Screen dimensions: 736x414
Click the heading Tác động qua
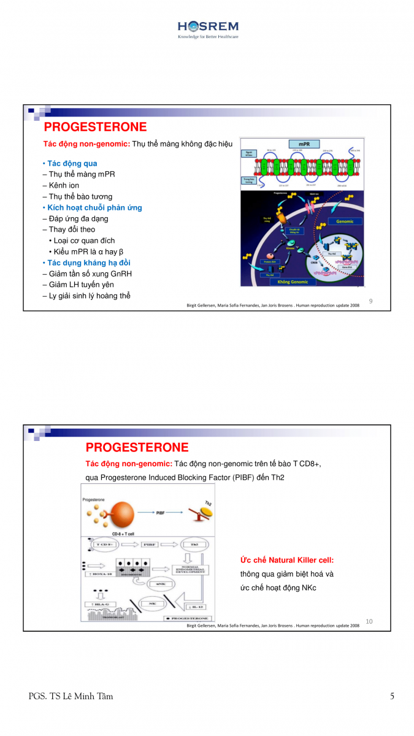click(70, 163)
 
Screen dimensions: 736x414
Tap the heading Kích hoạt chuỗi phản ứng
click(92, 207)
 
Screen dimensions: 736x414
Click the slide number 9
click(370, 301)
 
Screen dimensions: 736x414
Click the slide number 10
click(369, 621)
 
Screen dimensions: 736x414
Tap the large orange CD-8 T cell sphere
click(117, 512)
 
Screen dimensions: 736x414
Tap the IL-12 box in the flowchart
click(196, 607)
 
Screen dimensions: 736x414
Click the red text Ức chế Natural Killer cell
click(286, 560)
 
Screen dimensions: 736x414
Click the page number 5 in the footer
click(392, 696)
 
